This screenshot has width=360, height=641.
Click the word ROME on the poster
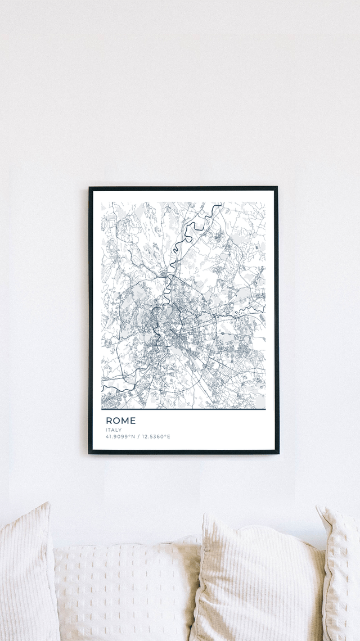pos(120,421)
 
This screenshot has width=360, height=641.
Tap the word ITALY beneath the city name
pos(113,430)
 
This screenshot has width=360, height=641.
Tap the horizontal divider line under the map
pos(183,409)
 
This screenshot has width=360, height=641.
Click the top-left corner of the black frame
pos(89,188)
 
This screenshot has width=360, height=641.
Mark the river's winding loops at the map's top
pos(194,228)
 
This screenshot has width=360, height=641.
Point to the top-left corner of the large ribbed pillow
pos(206,515)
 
